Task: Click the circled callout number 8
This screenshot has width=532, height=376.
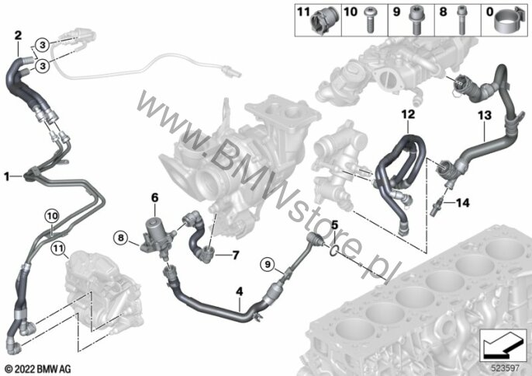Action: tap(121, 238)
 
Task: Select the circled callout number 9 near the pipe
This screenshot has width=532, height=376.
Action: tap(268, 264)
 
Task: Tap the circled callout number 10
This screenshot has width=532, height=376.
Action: tap(52, 215)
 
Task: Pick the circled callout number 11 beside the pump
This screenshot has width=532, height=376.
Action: tap(58, 249)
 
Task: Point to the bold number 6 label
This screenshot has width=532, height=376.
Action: tap(155, 197)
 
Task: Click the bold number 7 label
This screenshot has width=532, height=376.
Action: tap(236, 255)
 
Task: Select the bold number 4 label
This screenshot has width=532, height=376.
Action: tap(240, 291)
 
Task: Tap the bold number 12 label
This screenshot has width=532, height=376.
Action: tap(408, 114)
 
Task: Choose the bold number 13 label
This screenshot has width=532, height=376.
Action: tap(485, 116)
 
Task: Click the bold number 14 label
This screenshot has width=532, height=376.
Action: tap(463, 203)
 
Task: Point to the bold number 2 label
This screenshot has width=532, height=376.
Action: tap(18, 35)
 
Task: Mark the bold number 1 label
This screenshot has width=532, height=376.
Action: tap(6, 176)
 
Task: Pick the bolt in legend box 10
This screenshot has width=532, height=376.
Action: tap(369, 20)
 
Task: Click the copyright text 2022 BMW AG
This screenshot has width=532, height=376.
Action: tap(38, 369)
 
